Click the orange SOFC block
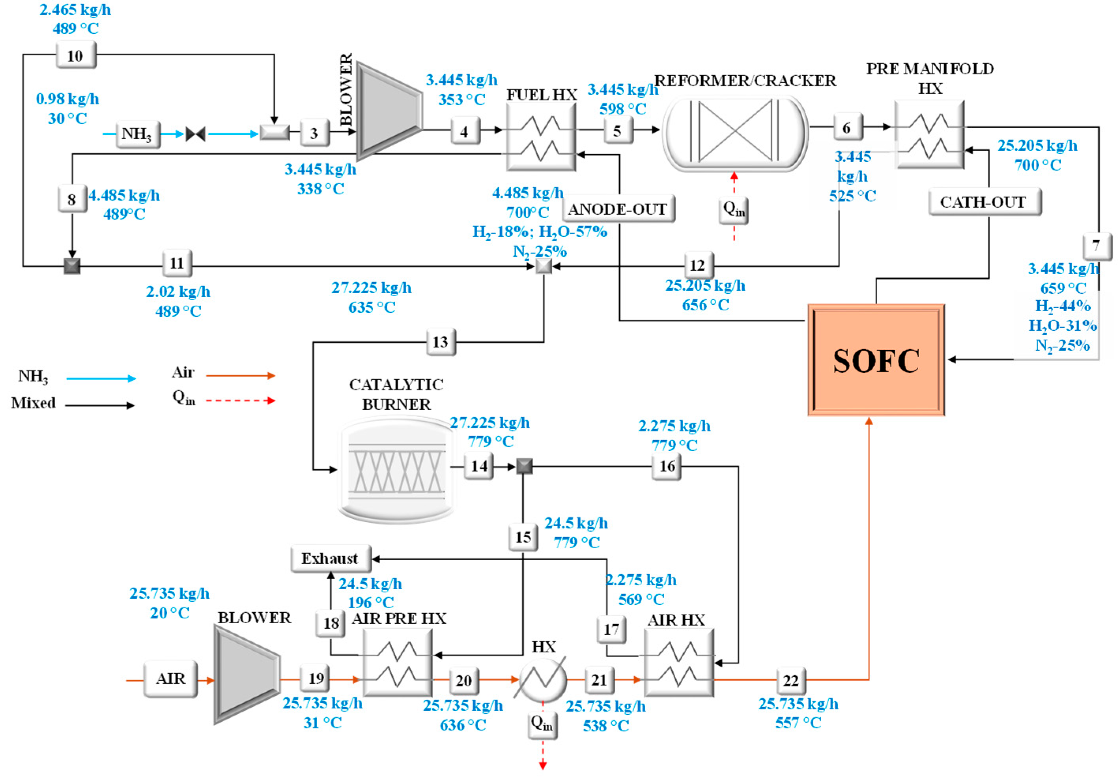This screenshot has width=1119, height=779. [x=876, y=360]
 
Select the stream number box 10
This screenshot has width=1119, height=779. [x=76, y=55]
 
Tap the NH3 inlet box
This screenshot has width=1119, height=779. [x=137, y=134]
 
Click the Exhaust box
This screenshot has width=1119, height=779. [x=331, y=558]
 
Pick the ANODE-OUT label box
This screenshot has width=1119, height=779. [x=618, y=209]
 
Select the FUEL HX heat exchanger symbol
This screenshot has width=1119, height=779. [x=541, y=137]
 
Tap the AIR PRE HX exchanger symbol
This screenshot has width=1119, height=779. [x=398, y=662]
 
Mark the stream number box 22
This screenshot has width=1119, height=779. [x=790, y=680]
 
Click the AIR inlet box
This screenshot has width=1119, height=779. [x=170, y=678]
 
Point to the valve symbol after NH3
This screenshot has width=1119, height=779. [x=195, y=134]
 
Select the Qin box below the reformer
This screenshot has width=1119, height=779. [x=734, y=211]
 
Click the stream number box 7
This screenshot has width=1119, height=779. [x=1096, y=246]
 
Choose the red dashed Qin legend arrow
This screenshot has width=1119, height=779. [x=240, y=401]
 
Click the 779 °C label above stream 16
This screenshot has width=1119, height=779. [x=675, y=445]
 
